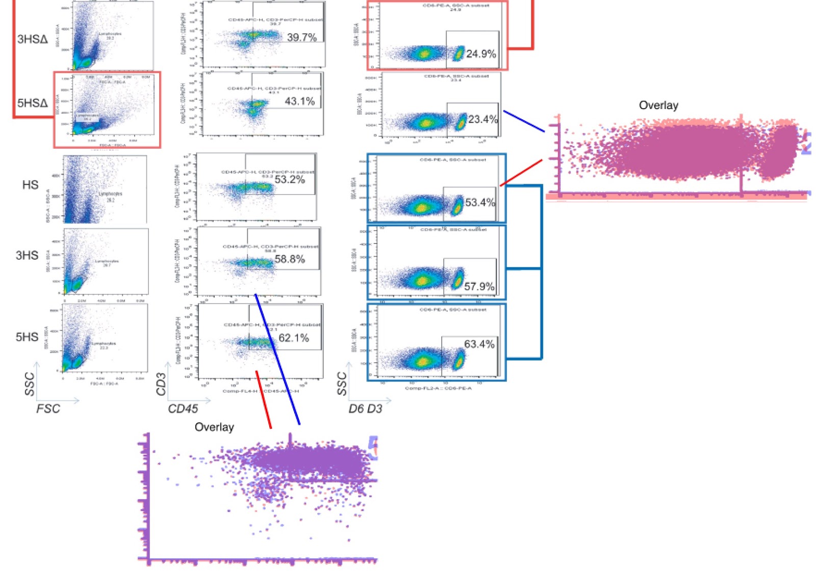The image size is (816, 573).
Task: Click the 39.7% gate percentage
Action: (301, 37)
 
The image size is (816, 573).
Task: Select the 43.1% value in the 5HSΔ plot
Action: (299, 101)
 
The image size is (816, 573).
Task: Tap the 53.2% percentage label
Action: (290, 180)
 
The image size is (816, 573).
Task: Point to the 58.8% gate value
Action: (290, 259)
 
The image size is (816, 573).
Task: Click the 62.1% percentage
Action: (293, 338)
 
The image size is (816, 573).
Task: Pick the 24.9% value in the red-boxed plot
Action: (481, 54)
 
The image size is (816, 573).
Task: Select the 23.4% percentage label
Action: (483, 120)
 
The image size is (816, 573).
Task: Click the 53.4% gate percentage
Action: (480, 203)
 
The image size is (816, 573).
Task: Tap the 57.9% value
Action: (479, 287)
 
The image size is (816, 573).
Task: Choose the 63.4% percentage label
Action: (479, 344)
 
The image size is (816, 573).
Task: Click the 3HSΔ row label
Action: (32, 39)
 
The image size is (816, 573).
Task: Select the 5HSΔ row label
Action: (32, 103)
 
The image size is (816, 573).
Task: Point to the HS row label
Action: (30, 185)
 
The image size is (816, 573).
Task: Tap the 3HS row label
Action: (27, 255)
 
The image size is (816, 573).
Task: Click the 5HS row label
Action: (27, 337)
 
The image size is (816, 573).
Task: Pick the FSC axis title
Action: (48, 409)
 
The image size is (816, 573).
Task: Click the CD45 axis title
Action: (183, 409)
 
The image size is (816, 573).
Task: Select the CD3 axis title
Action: (161, 384)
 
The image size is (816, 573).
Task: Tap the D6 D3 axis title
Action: (365, 409)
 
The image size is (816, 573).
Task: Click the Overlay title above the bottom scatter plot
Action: (214, 427)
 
